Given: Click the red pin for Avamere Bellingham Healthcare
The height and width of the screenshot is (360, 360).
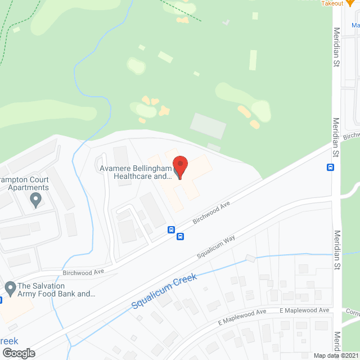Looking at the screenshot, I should pos(180,166).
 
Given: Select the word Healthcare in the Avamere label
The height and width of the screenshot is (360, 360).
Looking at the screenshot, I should pos(134,176).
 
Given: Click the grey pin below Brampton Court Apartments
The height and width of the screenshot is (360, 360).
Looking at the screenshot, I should pos(37,199).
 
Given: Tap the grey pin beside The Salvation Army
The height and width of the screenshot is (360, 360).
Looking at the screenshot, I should pos(10,289).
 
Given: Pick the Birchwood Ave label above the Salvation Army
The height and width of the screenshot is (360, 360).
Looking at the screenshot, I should pos(84,272).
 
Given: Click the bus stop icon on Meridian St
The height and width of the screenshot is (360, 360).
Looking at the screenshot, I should pos(330,167).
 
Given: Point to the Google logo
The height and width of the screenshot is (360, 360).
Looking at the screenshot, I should pos(18,353).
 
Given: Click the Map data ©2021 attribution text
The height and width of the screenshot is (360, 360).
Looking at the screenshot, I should pos(336,355).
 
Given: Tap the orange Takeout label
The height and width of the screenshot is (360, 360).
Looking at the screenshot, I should pos(332,3).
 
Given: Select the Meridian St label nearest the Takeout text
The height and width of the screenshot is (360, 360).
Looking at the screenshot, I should pos(336,48).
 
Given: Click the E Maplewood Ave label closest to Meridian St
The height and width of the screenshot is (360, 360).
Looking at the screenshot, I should pos(304,310).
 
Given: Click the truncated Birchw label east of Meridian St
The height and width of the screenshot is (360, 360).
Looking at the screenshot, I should pos(351,136).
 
